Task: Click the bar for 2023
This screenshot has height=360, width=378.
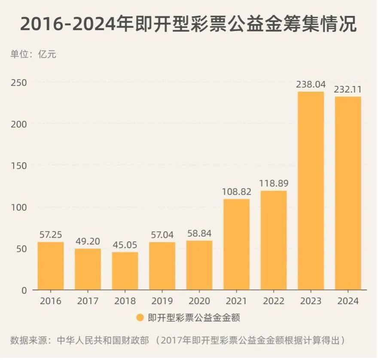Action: pos(311,191)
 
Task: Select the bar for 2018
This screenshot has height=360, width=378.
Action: pos(125,271)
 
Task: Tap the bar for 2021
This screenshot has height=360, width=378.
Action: pos(236,244)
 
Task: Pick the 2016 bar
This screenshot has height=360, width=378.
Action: pos(51,266)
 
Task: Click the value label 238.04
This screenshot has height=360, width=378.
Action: pos(311,84)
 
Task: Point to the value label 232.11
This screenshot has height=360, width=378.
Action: pos(348,89)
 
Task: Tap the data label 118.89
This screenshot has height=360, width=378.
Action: pos(274,183)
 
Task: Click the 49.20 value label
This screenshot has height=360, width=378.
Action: pos(88,241)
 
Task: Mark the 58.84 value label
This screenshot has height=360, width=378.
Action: pos(199,234)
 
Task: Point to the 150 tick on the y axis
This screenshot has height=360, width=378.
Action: pos(19,166)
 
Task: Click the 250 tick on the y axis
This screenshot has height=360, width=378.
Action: pos(19,83)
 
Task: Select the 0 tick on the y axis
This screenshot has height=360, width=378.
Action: pos(24,290)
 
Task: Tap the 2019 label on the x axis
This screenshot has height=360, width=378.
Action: pos(162,301)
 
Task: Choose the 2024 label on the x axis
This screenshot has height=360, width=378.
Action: pos(348,301)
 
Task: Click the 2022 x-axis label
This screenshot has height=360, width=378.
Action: pos(274,301)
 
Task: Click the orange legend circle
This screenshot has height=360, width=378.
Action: pos(140,318)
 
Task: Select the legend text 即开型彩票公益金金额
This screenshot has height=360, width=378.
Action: pos(193,318)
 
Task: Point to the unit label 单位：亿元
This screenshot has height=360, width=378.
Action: pos(33,55)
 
